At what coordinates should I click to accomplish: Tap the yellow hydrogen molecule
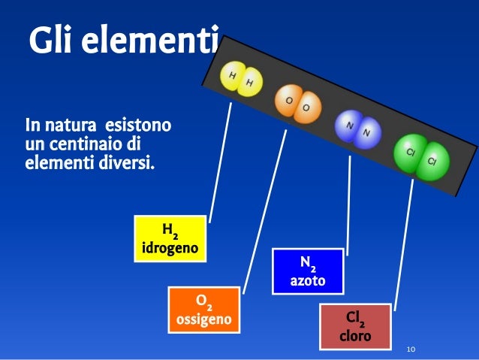tap(241, 78)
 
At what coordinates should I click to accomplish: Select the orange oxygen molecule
tap(297, 104)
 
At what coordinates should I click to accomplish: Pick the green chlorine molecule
tap(421, 156)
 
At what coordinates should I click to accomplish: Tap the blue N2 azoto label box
tap(308, 271)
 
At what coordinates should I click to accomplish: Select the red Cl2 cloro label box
tap(355, 327)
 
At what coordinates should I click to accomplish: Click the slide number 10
tap(411, 349)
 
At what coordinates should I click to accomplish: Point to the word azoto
tap(308, 281)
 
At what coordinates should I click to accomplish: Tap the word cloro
tap(355, 337)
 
